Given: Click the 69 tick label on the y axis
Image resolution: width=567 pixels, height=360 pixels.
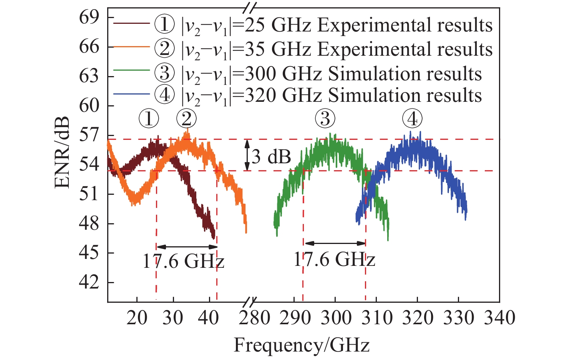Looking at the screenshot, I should click(x=89, y=18).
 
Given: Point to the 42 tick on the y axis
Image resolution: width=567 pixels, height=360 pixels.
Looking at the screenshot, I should click(x=89, y=283).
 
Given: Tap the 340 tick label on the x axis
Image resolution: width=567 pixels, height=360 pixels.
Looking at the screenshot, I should click(x=499, y=318).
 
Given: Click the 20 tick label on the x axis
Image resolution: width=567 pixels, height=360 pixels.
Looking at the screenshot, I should click(x=137, y=318).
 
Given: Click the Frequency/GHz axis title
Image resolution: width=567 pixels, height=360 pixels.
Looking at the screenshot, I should click(x=302, y=345).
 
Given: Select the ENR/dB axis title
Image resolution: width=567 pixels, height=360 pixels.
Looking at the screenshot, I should click(x=62, y=152).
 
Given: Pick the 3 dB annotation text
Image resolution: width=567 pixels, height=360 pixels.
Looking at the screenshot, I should click(x=271, y=157).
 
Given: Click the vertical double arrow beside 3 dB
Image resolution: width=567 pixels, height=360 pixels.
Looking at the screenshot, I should click(x=247, y=155).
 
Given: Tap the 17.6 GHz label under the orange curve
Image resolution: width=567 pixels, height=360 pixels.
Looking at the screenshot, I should click(x=183, y=262).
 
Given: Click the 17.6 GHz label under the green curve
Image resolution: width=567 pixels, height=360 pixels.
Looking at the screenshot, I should click(x=334, y=260).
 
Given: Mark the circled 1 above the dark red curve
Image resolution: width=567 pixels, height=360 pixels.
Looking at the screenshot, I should click(x=149, y=119).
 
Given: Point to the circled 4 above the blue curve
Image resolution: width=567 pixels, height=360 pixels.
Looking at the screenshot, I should click(x=412, y=119).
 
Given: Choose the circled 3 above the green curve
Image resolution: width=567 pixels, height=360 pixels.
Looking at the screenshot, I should click(x=325, y=119).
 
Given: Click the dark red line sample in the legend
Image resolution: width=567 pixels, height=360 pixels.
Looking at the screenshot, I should click(x=131, y=23).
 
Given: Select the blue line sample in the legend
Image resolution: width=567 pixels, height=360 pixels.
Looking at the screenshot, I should click(x=131, y=94).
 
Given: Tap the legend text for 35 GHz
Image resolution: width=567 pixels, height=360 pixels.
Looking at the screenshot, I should click(x=337, y=49).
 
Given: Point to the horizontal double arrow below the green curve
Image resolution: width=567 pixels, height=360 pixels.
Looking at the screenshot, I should click(x=335, y=243).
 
